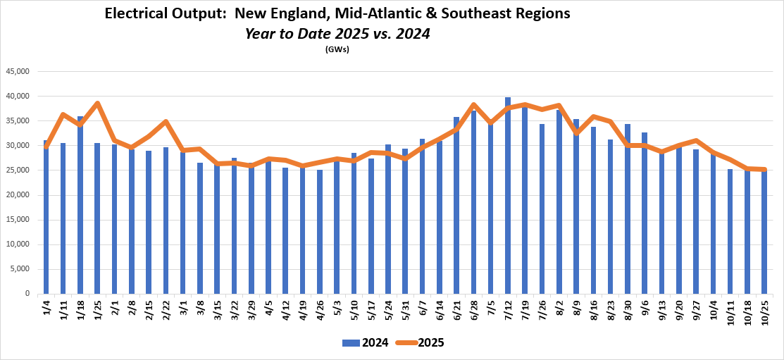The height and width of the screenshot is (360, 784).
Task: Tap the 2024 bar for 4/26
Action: pyautogui.click(x=320, y=232)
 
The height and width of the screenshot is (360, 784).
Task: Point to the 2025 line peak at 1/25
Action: pyautogui.click(x=97, y=104)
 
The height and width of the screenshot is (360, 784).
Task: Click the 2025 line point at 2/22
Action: pyautogui.click(x=166, y=122)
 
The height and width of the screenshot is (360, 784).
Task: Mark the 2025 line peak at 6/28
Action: pyautogui.click(x=473, y=105)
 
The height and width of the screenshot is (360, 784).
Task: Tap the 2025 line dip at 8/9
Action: pyautogui.click(x=576, y=132)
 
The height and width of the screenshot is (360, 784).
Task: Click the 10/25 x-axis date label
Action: pyautogui.click(x=764, y=311)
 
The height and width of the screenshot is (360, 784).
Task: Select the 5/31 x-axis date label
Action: pyautogui.click(x=405, y=310)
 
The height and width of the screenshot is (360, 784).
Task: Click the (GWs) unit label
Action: pyautogui.click(x=337, y=49)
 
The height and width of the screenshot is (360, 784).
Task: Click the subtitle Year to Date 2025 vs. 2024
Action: pyautogui.click(x=337, y=33)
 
